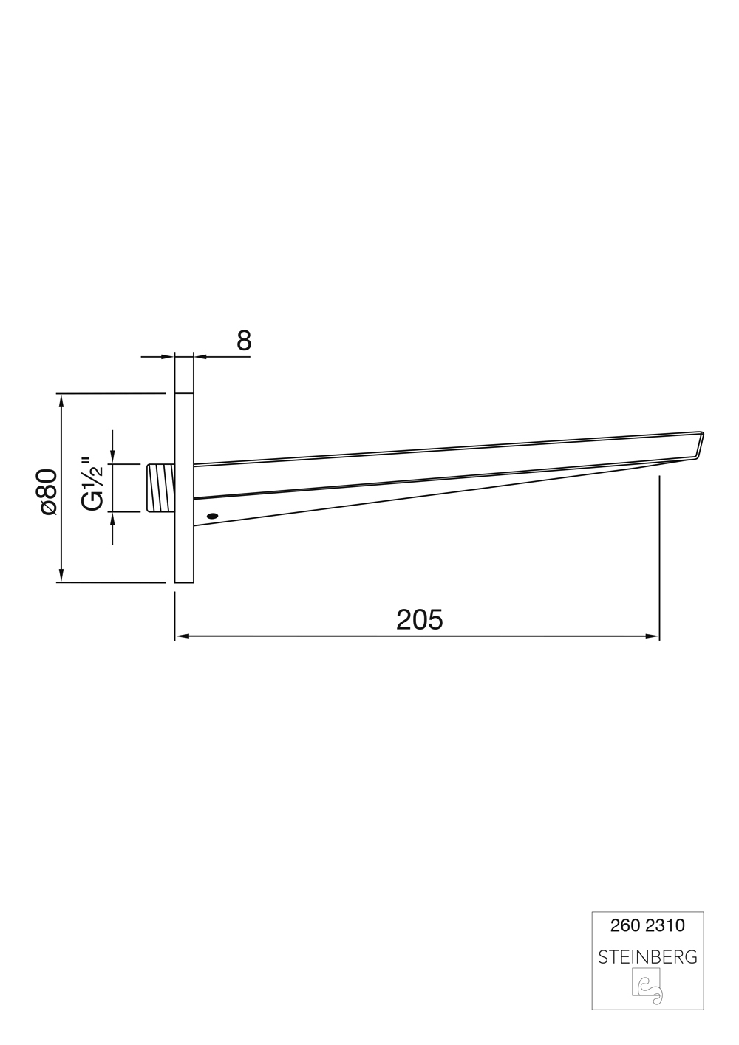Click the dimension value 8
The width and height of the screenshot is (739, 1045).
point(244,341)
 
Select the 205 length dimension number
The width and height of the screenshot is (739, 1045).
point(419,619)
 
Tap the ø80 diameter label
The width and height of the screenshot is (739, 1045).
point(48,491)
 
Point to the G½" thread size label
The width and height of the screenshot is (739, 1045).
point(92,485)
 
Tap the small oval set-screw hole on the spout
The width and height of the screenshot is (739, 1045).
point(213,516)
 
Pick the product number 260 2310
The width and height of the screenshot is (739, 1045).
point(647,925)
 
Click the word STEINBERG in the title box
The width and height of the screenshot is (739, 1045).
point(647,957)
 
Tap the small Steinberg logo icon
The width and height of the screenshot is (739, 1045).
point(647,989)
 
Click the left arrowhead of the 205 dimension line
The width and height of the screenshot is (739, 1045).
point(181,636)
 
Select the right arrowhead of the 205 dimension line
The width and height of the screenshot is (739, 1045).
point(653,636)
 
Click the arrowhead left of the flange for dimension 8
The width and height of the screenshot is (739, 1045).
point(168,357)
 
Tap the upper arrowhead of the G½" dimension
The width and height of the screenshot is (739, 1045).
point(112,457)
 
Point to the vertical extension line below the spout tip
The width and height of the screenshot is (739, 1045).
point(659,554)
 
